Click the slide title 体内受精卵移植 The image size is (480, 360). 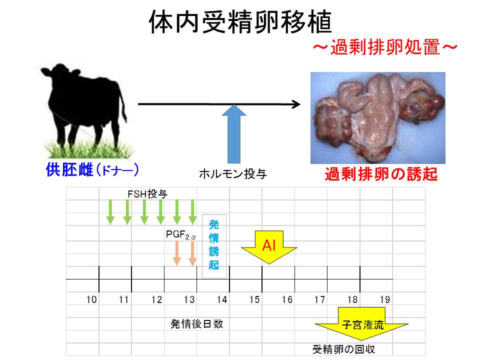click(x=240, y=23)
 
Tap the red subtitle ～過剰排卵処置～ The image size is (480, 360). click(x=385, y=49)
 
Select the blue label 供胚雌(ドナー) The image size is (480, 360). click(x=92, y=170)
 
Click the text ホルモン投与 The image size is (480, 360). click(x=233, y=174)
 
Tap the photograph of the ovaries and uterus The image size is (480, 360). click(x=377, y=117)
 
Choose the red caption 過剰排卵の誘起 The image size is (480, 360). click(x=381, y=174)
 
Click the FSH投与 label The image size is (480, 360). click(x=146, y=193)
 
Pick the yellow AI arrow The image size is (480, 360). click(x=269, y=247)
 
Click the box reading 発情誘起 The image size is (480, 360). click(x=213, y=244)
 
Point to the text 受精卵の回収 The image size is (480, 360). click(x=344, y=349)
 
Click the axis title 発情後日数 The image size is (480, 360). click(x=196, y=324)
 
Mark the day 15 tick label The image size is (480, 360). click(x=254, y=299)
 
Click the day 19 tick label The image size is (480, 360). click(x=384, y=299)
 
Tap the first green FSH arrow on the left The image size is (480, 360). click(x=111, y=213)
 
